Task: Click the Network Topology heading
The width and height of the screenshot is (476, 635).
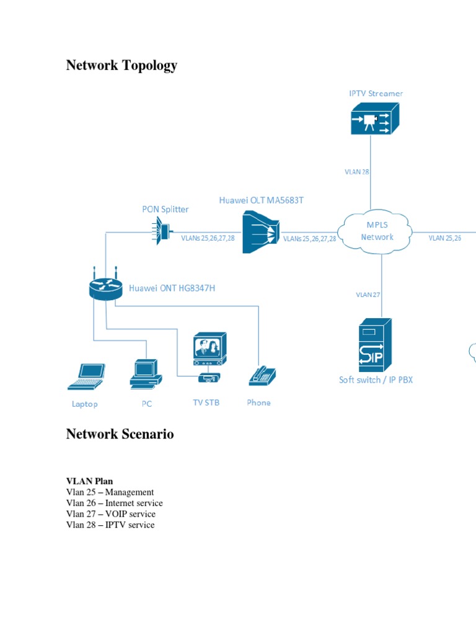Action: pos(121,65)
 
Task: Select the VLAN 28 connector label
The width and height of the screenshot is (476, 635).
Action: pos(357,172)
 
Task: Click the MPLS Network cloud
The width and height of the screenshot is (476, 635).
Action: pos(377,231)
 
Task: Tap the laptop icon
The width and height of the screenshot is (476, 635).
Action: pos(86,376)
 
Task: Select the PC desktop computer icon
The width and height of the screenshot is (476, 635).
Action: pos(146,374)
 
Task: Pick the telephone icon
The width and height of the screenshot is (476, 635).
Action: pos(262,375)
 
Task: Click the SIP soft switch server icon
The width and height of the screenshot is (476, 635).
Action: pos(375,345)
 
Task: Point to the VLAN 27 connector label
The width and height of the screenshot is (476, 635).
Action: pos(368,295)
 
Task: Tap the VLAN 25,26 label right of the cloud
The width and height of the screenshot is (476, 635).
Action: pos(444,238)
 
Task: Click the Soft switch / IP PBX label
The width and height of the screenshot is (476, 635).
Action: pos(376,380)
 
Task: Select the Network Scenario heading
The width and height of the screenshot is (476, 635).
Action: pos(120,434)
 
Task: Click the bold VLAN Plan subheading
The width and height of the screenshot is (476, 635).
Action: pos(89,481)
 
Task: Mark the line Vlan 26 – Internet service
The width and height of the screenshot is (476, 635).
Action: pos(114,503)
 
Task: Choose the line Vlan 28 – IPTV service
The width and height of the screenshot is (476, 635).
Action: pos(110,525)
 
